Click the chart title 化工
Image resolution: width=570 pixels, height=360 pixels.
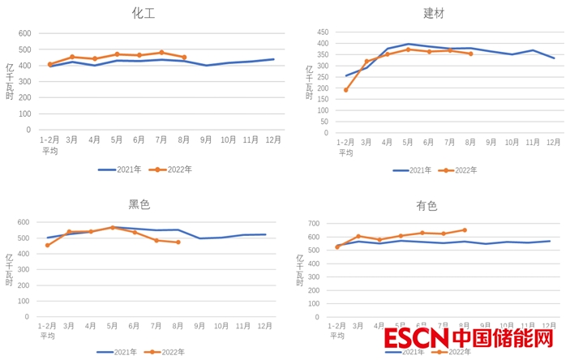144,13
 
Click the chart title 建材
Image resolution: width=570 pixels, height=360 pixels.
434,13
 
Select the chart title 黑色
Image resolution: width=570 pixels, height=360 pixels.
139,204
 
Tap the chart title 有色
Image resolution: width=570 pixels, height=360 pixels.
426,206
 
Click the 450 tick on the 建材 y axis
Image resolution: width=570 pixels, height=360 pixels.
322,31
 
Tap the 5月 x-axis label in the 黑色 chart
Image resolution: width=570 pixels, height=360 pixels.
113,325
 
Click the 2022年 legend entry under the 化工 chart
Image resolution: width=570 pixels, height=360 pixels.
179,169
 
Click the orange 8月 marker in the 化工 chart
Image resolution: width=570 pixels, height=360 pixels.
184,58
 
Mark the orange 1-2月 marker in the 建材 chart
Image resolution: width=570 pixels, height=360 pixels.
346,90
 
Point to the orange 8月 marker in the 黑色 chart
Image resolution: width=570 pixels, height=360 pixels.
178,242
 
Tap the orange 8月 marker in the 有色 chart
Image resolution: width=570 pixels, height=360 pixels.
465,229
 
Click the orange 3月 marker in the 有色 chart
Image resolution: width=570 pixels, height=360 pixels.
358,237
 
